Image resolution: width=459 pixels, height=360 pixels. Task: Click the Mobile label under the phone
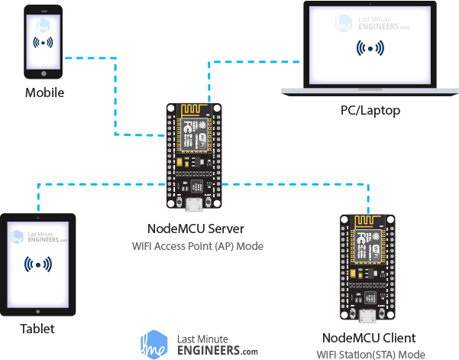click(x=44, y=93)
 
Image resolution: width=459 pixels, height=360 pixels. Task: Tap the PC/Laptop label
click(x=370, y=111)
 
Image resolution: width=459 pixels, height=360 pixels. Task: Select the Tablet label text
click(x=38, y=329)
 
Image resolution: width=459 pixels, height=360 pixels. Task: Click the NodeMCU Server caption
click(x=196, y=229)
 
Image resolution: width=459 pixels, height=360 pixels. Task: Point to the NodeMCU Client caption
click(x=369, y=338)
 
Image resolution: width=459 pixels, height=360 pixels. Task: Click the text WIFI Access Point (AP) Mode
click(x=196, y=246)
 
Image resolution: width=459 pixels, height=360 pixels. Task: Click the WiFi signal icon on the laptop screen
click(x=370, y=48)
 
